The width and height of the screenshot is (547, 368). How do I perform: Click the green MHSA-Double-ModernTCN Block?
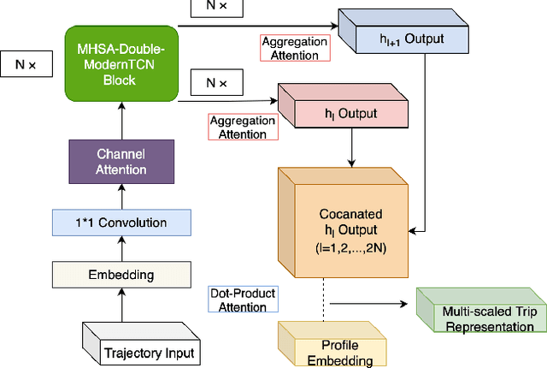click(x=121, y=63)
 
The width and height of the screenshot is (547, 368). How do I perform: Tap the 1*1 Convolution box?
click(x=121, y=223)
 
